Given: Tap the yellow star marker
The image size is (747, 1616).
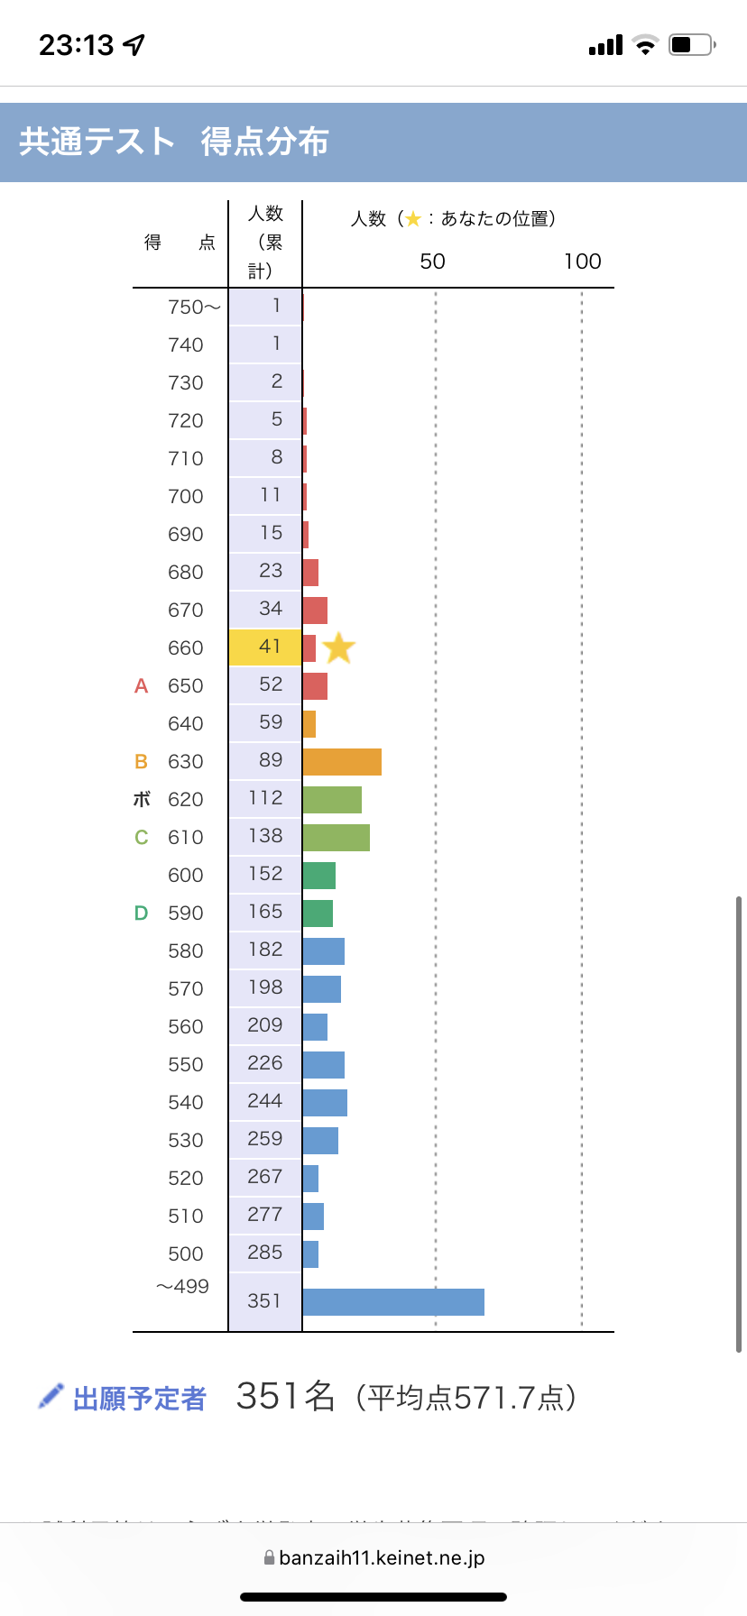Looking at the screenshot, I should [338, 647].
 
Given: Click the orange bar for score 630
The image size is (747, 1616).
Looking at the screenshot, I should [342, 761].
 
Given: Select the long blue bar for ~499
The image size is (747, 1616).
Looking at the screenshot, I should [393, 1301].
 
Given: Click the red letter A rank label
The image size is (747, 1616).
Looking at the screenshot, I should [141, 686].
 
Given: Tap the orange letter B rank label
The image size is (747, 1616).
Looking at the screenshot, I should [141, 762].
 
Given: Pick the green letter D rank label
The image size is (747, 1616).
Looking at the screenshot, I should [141, 914].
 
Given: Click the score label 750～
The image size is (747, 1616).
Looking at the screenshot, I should [193, 308].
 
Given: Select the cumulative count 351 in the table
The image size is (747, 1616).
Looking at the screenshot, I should [263, 1301].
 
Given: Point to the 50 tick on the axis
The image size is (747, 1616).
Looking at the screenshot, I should [432, 262].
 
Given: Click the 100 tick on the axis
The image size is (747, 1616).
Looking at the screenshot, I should [582, 262].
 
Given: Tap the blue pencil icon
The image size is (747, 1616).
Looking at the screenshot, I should [51, 1396].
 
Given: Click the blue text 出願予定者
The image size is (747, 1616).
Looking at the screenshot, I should [140, 1399].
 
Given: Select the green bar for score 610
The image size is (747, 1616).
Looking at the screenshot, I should [336, 837].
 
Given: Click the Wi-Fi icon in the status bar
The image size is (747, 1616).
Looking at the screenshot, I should [645, 45].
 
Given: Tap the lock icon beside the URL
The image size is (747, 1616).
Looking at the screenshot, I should [269, 1557].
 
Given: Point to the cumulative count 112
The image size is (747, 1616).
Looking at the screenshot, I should [265, 798].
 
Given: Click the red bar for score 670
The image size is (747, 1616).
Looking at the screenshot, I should [315, 610].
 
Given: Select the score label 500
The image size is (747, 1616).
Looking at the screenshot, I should [185, 1253].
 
